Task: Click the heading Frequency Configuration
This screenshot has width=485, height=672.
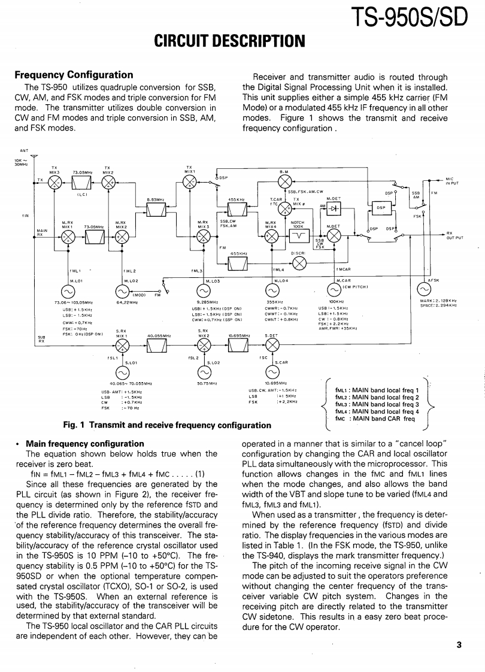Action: coord(74,75)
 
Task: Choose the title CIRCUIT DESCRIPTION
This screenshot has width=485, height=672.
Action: coord(230,41)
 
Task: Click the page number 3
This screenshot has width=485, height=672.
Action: coord(459,645)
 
